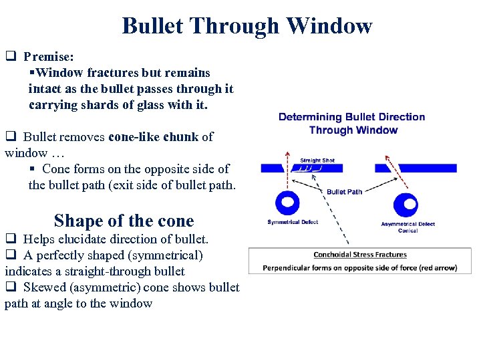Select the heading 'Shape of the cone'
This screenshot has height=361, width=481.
[x=124, y=221]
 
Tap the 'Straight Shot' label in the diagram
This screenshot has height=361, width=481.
[x=317, y=160]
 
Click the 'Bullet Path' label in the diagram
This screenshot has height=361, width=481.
[x=344, y=192]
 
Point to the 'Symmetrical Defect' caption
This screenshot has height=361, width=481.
[x=293, y=222]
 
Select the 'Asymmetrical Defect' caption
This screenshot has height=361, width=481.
[x=408, y=224]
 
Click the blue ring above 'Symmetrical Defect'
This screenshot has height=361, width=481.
[x=288, y=203]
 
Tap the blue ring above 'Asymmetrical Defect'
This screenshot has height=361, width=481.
[x=406, y=204]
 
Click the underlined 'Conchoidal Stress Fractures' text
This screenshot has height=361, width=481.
[x=360, y=255]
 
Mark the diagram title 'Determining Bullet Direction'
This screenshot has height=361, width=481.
[x=351, y=117]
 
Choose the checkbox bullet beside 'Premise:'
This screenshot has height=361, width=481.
[x=10, y=57]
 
